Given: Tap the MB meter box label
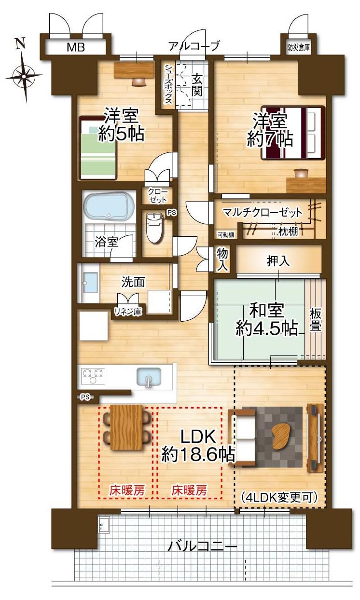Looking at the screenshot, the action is (x=76, y=48).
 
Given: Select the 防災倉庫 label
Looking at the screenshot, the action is (x=298, y=48).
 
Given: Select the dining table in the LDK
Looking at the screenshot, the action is (x=126, y=428).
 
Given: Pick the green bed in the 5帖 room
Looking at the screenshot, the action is (x=98, y=148).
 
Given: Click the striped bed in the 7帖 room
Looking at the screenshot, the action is (x=293, y=133).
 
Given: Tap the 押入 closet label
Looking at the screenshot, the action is (x=278, y=261).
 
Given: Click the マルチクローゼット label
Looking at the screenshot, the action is (x=263, y=212).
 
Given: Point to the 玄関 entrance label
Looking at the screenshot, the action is (x=197, y=86).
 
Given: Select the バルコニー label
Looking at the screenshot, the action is (x=203, y=546).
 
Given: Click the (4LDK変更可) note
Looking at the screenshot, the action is (x=279, y=498).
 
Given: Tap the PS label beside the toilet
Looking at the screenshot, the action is (x=172, y=213).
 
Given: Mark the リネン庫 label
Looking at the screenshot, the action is (x=128, y=312).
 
